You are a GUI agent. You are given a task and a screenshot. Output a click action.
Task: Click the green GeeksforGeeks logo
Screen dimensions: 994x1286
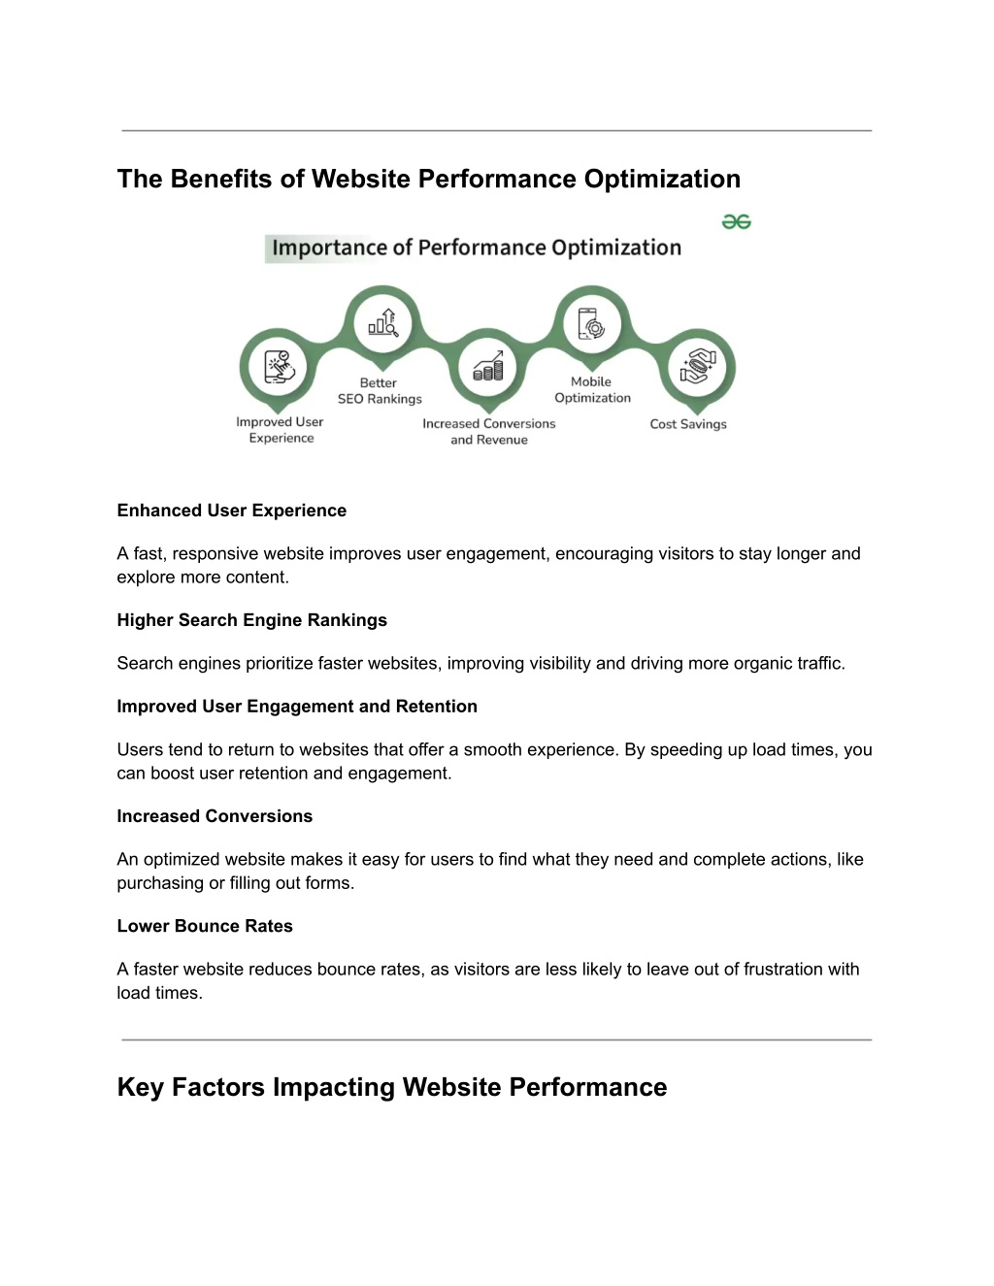(x=736, y=222)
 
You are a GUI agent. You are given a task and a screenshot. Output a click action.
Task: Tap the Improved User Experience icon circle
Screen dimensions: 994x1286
(x=278, y=367)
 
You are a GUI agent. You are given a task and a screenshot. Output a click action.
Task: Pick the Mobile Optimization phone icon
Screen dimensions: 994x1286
(x=592, y=324)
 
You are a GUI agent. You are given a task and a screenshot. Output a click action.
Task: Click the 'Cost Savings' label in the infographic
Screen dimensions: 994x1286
(x=688, y=424)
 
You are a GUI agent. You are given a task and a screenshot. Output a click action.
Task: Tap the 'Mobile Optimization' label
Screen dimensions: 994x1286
(x=592, y=389)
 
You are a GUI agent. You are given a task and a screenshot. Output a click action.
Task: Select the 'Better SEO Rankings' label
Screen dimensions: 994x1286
(x=380, y=390)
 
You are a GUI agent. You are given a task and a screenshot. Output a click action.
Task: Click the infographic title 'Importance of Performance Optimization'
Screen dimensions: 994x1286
(x=477, y=247)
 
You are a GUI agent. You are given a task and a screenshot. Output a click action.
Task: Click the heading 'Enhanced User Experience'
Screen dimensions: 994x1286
(x=231, y=511)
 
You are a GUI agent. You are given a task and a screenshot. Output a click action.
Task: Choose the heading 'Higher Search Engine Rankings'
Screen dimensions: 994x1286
(x=252, y=619)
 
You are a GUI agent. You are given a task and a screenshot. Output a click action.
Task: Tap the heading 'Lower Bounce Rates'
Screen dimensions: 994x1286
(x=205, y=926)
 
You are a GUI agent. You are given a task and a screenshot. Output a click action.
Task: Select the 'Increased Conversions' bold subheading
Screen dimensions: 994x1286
(x=215, y=816)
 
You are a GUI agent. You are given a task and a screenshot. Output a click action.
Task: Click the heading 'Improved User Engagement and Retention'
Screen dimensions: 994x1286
(x=297, y=706)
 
